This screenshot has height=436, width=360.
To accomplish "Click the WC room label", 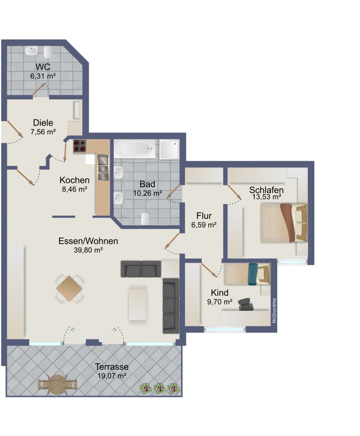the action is tap(43, 67).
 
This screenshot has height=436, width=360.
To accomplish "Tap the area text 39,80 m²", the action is tap(88, 250).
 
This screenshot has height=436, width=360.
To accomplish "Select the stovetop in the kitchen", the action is tap(80, 146).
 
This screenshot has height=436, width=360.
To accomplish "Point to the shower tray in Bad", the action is tap(169, 149).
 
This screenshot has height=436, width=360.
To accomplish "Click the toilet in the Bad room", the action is tap(145, 219).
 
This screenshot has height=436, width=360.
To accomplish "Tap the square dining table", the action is tap(69, 289).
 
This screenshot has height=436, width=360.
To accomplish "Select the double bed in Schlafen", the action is tap(284, 223).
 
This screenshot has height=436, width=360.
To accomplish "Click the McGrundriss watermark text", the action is tap(274, 310).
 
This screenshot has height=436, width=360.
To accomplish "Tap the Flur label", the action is tap(204, 216).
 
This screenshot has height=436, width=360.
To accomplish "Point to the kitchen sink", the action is tap(103, 167).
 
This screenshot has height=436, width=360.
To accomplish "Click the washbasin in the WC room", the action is tap(31, 51).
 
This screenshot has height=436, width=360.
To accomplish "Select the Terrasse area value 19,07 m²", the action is tap(112, 376).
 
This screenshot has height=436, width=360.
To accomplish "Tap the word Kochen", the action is tap(75, 180).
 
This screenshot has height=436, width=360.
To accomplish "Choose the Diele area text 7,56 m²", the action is tap(43, 132).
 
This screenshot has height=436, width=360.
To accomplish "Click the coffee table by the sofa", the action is tap(138, 305).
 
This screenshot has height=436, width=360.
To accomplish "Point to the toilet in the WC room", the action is tap(48, 52).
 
